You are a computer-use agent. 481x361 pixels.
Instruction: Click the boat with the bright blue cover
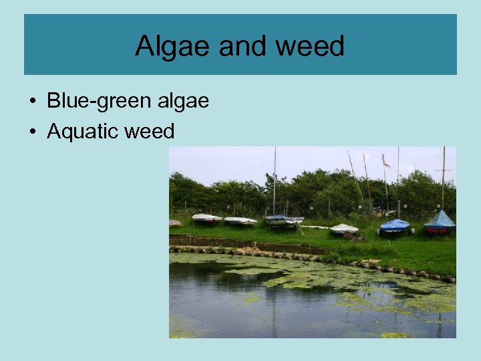click(394, 226)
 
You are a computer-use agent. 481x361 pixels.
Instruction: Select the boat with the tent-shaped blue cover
click(440, 221)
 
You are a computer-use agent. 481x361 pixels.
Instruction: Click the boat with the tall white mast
click(283, 219)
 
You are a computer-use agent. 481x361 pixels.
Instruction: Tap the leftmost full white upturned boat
click(206, 217)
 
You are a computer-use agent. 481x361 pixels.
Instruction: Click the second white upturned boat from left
click(240, 220)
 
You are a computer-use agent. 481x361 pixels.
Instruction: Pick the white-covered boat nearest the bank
click(344, 229)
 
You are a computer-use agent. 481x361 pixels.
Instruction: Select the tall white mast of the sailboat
click(274, 180)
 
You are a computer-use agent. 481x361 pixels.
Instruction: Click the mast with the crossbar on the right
click(443, 174)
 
